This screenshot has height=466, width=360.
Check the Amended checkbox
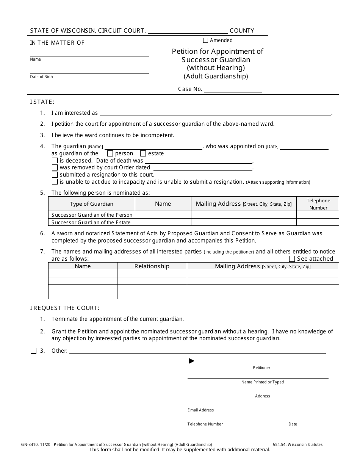click(x=205, y=41)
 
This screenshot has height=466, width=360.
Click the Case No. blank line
click(x=233, y=89)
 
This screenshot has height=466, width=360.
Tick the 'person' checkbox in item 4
click(x=110, y=153)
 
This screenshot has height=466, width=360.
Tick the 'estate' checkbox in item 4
click(x=143, y=153)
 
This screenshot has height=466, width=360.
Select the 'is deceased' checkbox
click(x=55, y=161)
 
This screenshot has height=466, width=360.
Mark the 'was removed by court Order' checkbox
click(x=55, y=167)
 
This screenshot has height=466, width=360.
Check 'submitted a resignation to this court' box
click(x=55, y=175)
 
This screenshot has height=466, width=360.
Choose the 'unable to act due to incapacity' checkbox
click(x=55, y=182)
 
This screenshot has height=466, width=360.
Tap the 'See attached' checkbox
click(x=292, y=259)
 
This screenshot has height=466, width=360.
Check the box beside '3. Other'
click(x=34, y=351)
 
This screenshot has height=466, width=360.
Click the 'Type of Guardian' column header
click(x=91, y=204)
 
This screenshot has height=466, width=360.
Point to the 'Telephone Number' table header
click(x=318, y=204)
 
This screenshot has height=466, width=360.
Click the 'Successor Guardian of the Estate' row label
click(x=91, y=222)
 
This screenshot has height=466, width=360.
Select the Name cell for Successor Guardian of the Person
click(x=163, y=215)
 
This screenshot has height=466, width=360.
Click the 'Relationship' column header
click(x=152, y=266)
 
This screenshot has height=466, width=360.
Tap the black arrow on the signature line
click(x=191, y=361)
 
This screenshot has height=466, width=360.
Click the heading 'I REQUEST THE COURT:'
click(x=65, y=308)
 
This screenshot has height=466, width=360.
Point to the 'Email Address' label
click(x=200, y=410)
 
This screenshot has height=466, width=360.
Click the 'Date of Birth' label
click(x=42, y=77)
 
